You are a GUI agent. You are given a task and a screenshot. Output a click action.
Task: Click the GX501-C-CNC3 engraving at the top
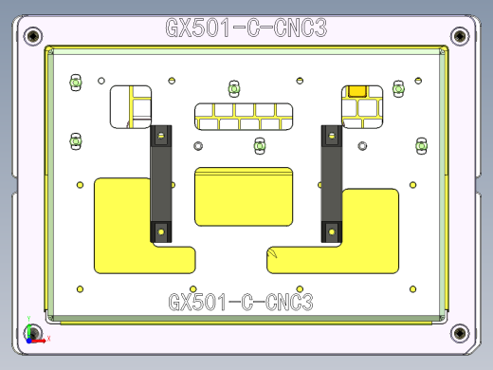(x=246, y=28)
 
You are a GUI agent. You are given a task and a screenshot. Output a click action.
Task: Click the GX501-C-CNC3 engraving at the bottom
(x=241, y=303)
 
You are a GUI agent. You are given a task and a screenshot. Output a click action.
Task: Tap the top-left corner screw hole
(x=34, y=36)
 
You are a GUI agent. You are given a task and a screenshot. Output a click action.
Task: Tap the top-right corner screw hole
(x=460, y=36)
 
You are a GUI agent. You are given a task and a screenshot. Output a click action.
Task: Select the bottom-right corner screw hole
(x=460, y=333)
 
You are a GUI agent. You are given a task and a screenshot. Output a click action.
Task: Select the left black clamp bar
(x=160, y=183)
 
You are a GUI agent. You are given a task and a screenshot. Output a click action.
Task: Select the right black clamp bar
(x=331, y=183)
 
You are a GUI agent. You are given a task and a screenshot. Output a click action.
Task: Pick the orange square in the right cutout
(x=358, y=90)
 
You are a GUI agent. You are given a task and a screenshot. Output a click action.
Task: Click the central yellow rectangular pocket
(x=243, y=196)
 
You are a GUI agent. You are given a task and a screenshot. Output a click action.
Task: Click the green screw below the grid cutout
(x=259, y=146)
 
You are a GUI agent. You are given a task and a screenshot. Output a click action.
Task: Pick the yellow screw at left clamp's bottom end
(x=161, y=231)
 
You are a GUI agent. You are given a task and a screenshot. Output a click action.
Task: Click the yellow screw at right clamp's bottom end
(x=332, y=229)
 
